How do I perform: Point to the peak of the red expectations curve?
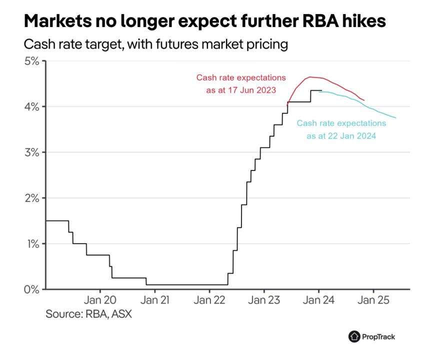(x=310, y=77)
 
